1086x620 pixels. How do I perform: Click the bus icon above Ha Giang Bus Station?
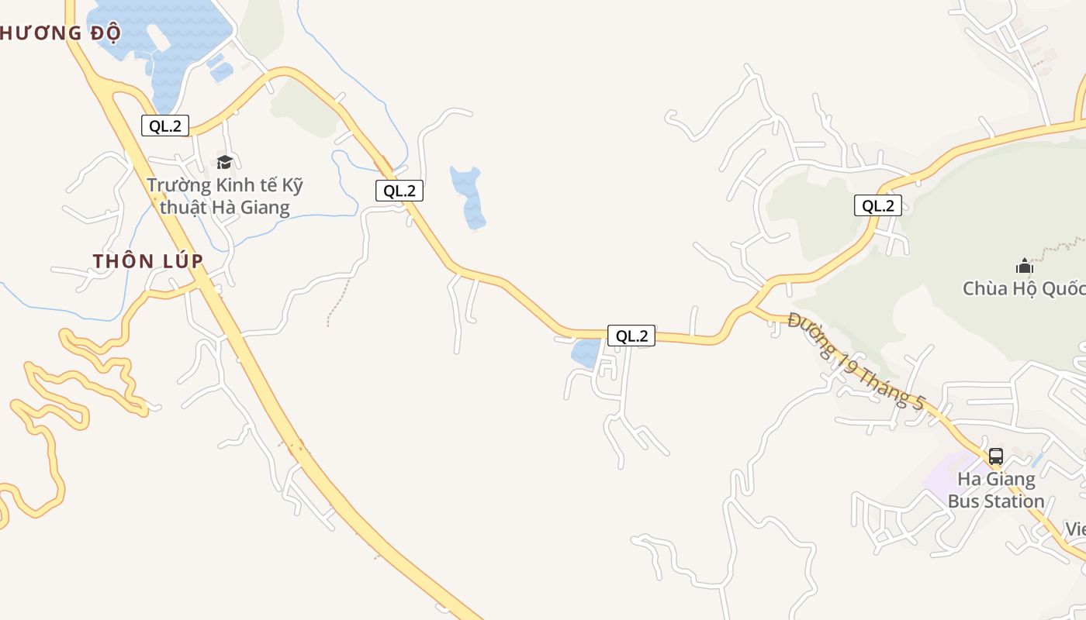(996, 456)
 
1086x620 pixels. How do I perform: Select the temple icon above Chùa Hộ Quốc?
(1025, 267)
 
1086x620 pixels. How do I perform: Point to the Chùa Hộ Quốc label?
(1024, 289)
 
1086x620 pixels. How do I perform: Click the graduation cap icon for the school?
(225, 162)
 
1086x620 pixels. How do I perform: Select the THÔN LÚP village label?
(148, 261)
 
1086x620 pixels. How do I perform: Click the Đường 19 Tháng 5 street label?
(856, 361)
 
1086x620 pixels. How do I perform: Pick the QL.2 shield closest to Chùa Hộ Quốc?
(878, 205)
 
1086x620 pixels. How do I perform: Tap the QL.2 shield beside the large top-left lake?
(165, 126)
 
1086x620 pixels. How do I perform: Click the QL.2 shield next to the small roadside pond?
(631, 336)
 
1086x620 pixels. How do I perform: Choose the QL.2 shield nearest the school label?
(399, 191)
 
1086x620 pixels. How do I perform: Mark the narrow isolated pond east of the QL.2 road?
(469, 198)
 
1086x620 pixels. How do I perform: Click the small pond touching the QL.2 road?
(586, 353)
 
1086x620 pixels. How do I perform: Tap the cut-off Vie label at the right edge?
(1075, 529)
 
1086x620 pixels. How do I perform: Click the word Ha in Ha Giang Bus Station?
(970, 479)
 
